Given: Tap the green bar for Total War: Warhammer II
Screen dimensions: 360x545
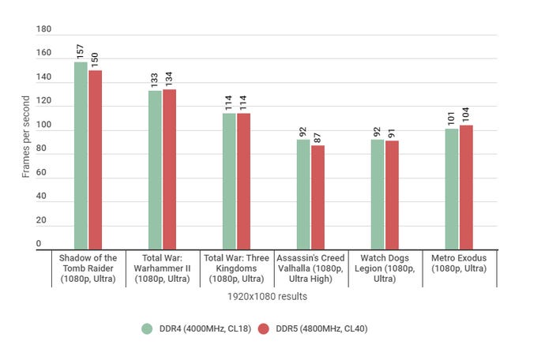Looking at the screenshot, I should click(x=155, y=170).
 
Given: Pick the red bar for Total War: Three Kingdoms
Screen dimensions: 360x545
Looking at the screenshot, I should click(x=244, y=182).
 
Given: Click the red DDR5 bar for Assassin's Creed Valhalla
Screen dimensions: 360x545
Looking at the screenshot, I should click(x=318, y=197).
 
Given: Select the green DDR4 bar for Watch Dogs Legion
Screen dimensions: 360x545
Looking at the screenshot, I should click(x=378, y=194).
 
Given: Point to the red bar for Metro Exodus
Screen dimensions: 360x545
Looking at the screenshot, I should click(x=466, y=187).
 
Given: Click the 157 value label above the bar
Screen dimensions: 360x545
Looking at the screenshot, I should click(x=81, y=51).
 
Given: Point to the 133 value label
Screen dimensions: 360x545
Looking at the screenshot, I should click(x=155, y=79).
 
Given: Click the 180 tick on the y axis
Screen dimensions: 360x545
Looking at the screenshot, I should click(x=44, y=30).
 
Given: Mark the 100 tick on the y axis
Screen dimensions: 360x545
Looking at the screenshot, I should click(x=44, y=126).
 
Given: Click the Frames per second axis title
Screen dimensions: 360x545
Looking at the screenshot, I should click(x=26, y=137).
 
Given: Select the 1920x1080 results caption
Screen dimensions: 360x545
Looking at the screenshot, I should click(x=272, y=296).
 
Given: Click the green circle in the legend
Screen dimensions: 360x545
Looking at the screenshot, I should click(x=146, y=328).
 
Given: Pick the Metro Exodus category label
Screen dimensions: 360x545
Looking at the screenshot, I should click(x=459, y=264).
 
